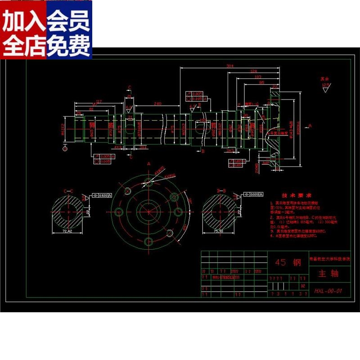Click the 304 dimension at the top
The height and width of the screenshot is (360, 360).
(230, 66)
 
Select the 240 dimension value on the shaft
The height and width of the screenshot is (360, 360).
(157, 104)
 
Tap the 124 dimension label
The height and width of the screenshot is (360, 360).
(254, 72)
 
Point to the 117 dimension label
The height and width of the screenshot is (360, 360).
(99, 102)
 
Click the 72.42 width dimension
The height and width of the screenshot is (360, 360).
(67, 231)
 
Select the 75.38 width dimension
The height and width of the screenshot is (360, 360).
(219, 231)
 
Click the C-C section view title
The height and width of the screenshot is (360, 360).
(68, 191)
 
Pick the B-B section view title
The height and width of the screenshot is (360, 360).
(220, 191)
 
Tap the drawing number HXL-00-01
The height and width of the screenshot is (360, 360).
(328, 291)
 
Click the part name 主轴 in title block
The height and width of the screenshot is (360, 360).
(328, 273)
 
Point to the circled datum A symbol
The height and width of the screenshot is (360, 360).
(65, 148)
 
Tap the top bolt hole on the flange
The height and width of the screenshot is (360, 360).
(149, 182)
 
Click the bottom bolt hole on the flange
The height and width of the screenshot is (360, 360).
(148, 242)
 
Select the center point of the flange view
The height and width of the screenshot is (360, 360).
(148, 211)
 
